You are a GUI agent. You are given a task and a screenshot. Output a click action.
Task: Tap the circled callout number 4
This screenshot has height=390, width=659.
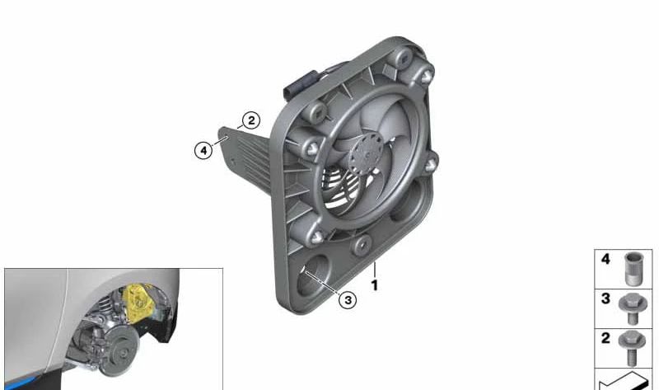203,150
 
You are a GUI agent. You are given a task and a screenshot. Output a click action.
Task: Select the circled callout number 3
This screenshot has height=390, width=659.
348,300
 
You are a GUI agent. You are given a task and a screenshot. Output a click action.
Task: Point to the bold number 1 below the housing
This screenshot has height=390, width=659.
374,285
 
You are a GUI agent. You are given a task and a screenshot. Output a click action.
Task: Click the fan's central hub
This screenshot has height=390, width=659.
362,156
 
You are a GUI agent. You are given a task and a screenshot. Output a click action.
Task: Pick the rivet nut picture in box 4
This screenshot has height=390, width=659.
633,266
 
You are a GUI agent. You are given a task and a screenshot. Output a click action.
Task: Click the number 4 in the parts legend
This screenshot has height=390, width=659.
605,259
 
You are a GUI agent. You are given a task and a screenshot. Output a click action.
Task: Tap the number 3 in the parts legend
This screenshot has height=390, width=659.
605,298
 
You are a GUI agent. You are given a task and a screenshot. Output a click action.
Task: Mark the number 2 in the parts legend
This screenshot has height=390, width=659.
605,339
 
